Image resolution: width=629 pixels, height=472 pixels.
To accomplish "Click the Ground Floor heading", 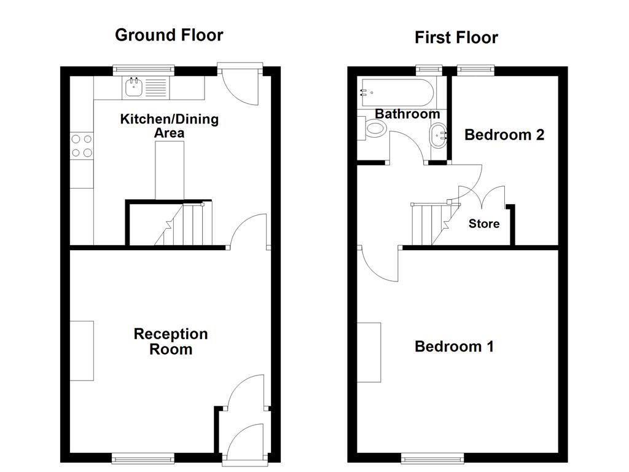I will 169,35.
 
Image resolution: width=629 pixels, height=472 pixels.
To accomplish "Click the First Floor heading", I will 456,37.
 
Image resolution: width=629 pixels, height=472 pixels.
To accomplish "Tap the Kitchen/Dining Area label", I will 169,125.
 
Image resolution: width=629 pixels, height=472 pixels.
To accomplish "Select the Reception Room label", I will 171,342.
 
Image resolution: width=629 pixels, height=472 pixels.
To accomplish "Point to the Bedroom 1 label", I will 454,347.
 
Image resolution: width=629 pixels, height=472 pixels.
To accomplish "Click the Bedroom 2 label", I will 504,135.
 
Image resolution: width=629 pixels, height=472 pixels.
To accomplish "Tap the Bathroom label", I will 407,114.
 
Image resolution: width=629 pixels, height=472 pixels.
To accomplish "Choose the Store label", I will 484,224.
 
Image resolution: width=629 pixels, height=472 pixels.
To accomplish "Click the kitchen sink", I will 135,88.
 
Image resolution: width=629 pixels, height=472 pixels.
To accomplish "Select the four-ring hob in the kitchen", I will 82,146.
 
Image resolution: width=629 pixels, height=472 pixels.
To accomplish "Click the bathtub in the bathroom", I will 398,93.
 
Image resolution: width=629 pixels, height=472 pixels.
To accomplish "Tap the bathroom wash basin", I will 439,134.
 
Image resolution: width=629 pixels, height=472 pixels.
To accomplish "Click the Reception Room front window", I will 142,457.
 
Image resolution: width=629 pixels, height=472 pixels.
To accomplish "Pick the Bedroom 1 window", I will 432,457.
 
